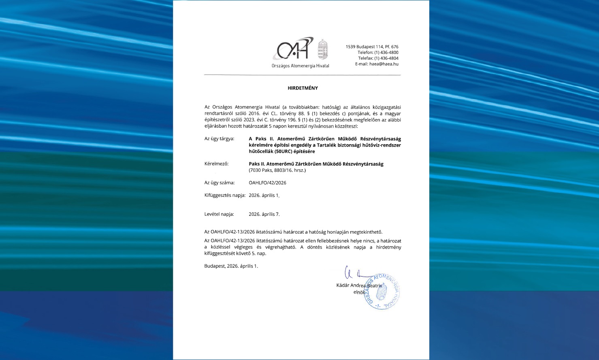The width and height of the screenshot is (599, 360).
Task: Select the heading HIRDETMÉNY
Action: (x=303, y=88)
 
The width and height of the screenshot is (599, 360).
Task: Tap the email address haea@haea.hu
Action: (x=384, y=64)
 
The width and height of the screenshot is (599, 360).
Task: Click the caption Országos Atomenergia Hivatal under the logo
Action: (x=300, y=66)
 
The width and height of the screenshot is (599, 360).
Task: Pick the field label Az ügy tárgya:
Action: (x=219, y=138)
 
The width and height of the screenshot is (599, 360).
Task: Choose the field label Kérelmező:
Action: (x=216, y=164)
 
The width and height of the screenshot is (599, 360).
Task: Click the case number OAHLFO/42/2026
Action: (x=267, y=183)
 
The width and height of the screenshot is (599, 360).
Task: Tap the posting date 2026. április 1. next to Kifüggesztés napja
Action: (x=264, y=195)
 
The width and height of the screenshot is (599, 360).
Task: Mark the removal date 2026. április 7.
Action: (x=264, y=214)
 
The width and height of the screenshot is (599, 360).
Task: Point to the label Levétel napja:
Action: (x=219, y=214)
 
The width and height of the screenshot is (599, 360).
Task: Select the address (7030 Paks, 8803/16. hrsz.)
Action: (x=277, y=170)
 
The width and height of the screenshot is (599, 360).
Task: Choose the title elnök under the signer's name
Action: (x=359, y=292)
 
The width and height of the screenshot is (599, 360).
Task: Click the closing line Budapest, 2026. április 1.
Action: (x=231, y=266)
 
